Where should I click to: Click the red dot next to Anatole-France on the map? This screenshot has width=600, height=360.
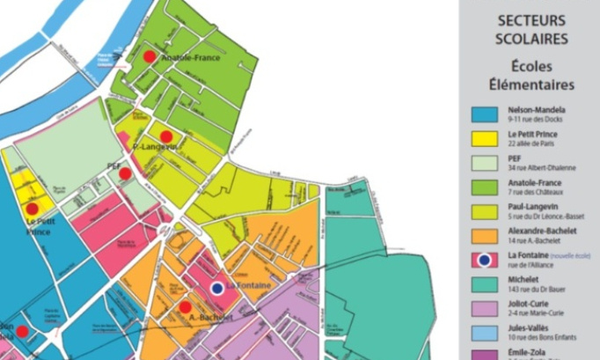coord(150,55)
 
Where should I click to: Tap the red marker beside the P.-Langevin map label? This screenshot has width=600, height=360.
coord(165,136)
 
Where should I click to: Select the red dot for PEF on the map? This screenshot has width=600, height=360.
coord(125,173)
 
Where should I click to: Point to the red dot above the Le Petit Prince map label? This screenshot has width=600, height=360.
coord(32,209)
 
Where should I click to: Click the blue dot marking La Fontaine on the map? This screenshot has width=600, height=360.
coord(217,288)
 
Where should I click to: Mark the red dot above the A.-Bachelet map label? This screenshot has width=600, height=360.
coord(185,307)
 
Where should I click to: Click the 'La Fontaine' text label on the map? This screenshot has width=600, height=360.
coord(250,287)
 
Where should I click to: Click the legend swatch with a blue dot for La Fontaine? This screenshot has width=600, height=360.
coord(482,259)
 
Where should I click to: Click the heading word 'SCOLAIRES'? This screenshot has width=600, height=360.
coord(531,39)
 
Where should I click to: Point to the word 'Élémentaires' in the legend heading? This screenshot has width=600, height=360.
coord(531,84)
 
